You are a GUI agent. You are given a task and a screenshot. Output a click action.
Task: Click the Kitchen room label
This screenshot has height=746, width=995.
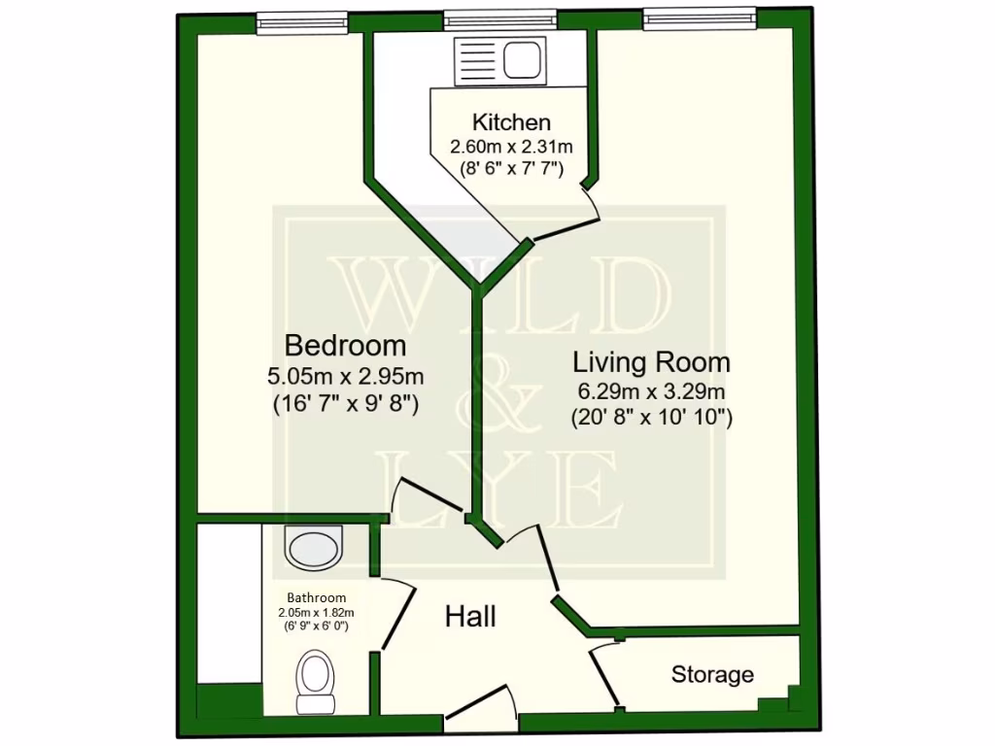pyautogui.click(x=511, y=122)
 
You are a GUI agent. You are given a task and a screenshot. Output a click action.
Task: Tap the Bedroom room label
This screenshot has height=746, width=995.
pyautogui.click(x=345, y=345)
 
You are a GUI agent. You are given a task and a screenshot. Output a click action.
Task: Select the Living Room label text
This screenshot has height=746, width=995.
pyautogui.click(x=651, y=363)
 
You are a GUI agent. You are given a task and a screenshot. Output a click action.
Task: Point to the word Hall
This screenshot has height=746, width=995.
pyautogui.click(x=470, y=616)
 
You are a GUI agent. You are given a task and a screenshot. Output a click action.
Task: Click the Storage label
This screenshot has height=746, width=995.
pyautogui.click(x=712, y=674)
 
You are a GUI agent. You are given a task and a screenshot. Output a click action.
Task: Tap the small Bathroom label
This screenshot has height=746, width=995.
pyautogui.click(x=316, y=597)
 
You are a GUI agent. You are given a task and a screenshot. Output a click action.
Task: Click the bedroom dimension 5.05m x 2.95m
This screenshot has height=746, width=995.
pyautogui.click(x=345, y=375)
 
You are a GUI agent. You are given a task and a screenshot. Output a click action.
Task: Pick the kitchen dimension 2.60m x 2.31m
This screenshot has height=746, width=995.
pyautogui.click(x=511, y=147)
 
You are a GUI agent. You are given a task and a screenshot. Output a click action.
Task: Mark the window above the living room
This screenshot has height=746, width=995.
pyautogui.click(x=700, y=18)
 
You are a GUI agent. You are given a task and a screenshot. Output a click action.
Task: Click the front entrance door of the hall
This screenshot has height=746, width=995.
pyautogui.click(x=481, y=707)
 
